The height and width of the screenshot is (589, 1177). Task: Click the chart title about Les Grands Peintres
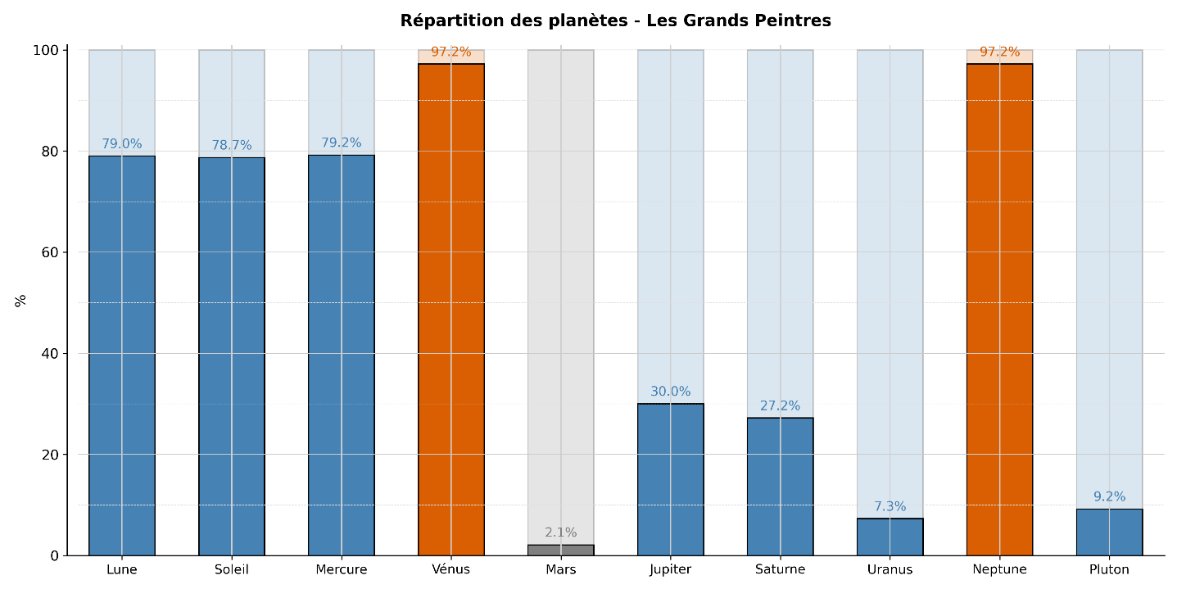pyautogui.click(x=615, y=21)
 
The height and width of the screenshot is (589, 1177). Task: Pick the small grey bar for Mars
pyautogui.click(x=560, y=550)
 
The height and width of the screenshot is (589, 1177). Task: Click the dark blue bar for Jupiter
pyautogui.click(x=670, y=479)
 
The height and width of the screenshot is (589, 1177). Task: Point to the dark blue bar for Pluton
pyautogui.click(x=1109, y=532)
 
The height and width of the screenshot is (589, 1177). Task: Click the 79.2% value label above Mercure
pyautogui.click(x=342, y=143)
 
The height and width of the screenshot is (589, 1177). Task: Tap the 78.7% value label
pyautogui.click(x=232, y=145)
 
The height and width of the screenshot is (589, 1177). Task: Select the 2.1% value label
pyautogui.click(x=560, y=532)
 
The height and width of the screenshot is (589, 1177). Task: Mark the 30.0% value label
pyautogui.click(x=670, y=392)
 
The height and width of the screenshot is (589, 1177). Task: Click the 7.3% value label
pyautogui.click(x=890, y=506)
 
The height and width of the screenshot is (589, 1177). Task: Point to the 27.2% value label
pyautogui.click(x=780, y=406)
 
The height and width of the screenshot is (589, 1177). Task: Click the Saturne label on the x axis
pyautogui.click(x=780, y=569)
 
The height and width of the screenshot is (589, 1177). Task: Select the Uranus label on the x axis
pyautogui.click(x=890, y=569)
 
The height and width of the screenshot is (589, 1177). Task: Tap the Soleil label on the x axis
pyautogui.click(x=232, y=569)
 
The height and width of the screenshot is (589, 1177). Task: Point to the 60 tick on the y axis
pyautogui.click(x=50, y=252)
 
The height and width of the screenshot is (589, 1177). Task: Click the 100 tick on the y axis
pyautogui.click(x=46, y=51)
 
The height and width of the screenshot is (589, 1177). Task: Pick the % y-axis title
pyautogui.click(x=20, y=301)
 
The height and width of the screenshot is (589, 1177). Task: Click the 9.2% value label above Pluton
pyautogui.click(x=1109, y=496)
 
